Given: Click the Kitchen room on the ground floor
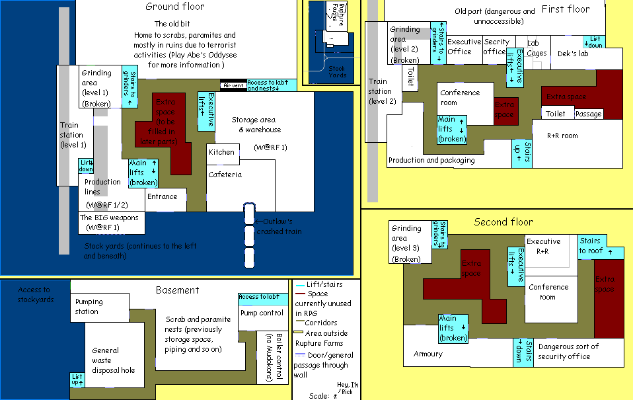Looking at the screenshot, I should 221,153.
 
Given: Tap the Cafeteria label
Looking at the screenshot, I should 225,175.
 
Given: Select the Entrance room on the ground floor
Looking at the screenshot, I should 163,197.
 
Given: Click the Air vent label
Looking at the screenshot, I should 234,85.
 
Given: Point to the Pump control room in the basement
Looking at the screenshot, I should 262,313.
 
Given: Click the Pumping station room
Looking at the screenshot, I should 89,307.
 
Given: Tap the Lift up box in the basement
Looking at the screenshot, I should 77,380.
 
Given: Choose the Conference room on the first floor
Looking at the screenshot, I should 460,97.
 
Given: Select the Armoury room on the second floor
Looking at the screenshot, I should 428,354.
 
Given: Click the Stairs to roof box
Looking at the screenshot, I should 591,246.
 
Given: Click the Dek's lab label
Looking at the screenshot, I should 573,54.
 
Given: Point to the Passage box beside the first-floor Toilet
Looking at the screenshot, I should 588,114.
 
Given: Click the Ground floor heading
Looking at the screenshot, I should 175,7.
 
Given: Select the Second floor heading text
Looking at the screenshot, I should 503,222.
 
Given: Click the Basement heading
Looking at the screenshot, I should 177,290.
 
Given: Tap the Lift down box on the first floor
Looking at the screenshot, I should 595,42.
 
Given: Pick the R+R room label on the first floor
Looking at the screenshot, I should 562,136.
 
